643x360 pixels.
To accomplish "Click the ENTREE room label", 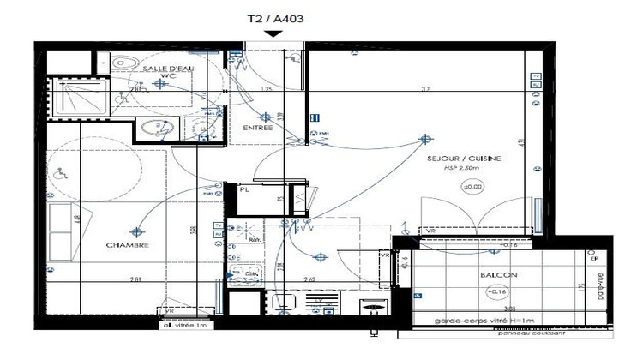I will (x=257, y=128).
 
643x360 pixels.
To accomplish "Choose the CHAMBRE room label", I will (x=129, y=245).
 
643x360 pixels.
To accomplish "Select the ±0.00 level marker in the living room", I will (x=472, y=186).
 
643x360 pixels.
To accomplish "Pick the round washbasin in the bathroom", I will (x=156, y=129).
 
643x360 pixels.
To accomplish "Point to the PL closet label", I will (x=244, y=190).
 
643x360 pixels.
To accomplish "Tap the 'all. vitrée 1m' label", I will (x=181, y=325).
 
